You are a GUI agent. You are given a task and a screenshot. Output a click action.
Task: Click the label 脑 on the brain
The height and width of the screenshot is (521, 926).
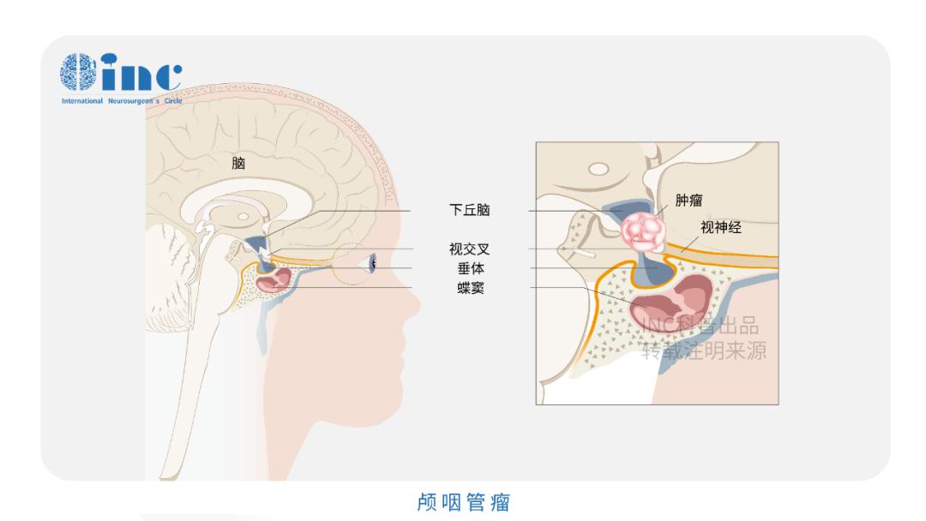coord(238,163)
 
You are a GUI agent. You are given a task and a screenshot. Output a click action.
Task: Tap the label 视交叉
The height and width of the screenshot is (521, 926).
coord(470,249)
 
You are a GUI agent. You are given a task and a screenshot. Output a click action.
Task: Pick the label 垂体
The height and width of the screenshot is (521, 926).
coord(470,268)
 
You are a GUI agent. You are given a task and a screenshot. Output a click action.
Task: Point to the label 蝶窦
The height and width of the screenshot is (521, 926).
coord(470,287)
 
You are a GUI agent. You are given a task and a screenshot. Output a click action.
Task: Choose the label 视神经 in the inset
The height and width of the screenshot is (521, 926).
coord(720,228)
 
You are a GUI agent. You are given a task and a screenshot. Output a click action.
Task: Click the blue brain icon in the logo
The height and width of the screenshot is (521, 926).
coord(78,74)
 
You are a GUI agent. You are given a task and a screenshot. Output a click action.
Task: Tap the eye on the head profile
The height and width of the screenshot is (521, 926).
coord(372,265)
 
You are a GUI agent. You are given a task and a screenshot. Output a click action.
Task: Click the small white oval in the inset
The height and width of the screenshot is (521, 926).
coord(598,170)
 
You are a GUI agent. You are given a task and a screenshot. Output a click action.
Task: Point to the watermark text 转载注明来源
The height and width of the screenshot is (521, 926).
coord(704,351)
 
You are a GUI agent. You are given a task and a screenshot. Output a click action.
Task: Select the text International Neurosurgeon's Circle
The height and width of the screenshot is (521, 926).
coord(121,100)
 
